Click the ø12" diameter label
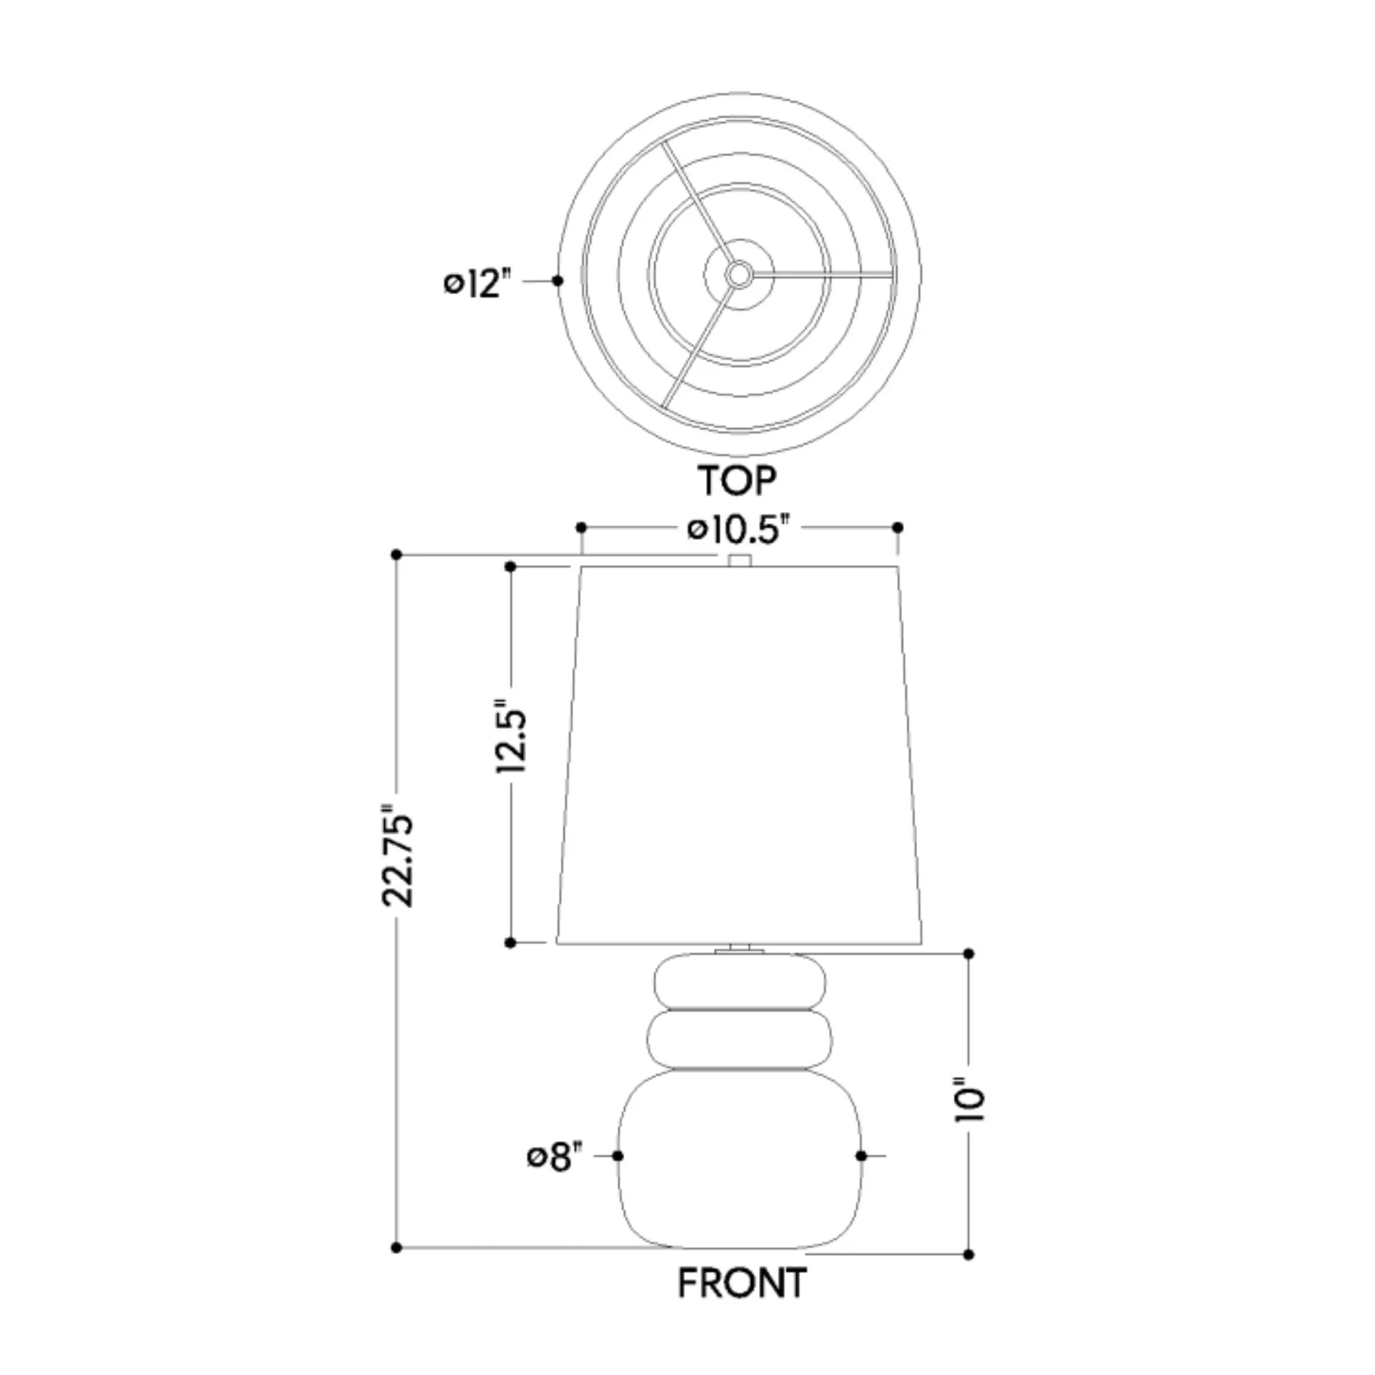[x=478, y=283]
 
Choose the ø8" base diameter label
[x=554, y=1156]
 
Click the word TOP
[x=737, y=481]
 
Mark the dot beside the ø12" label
[x=558, y=281]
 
